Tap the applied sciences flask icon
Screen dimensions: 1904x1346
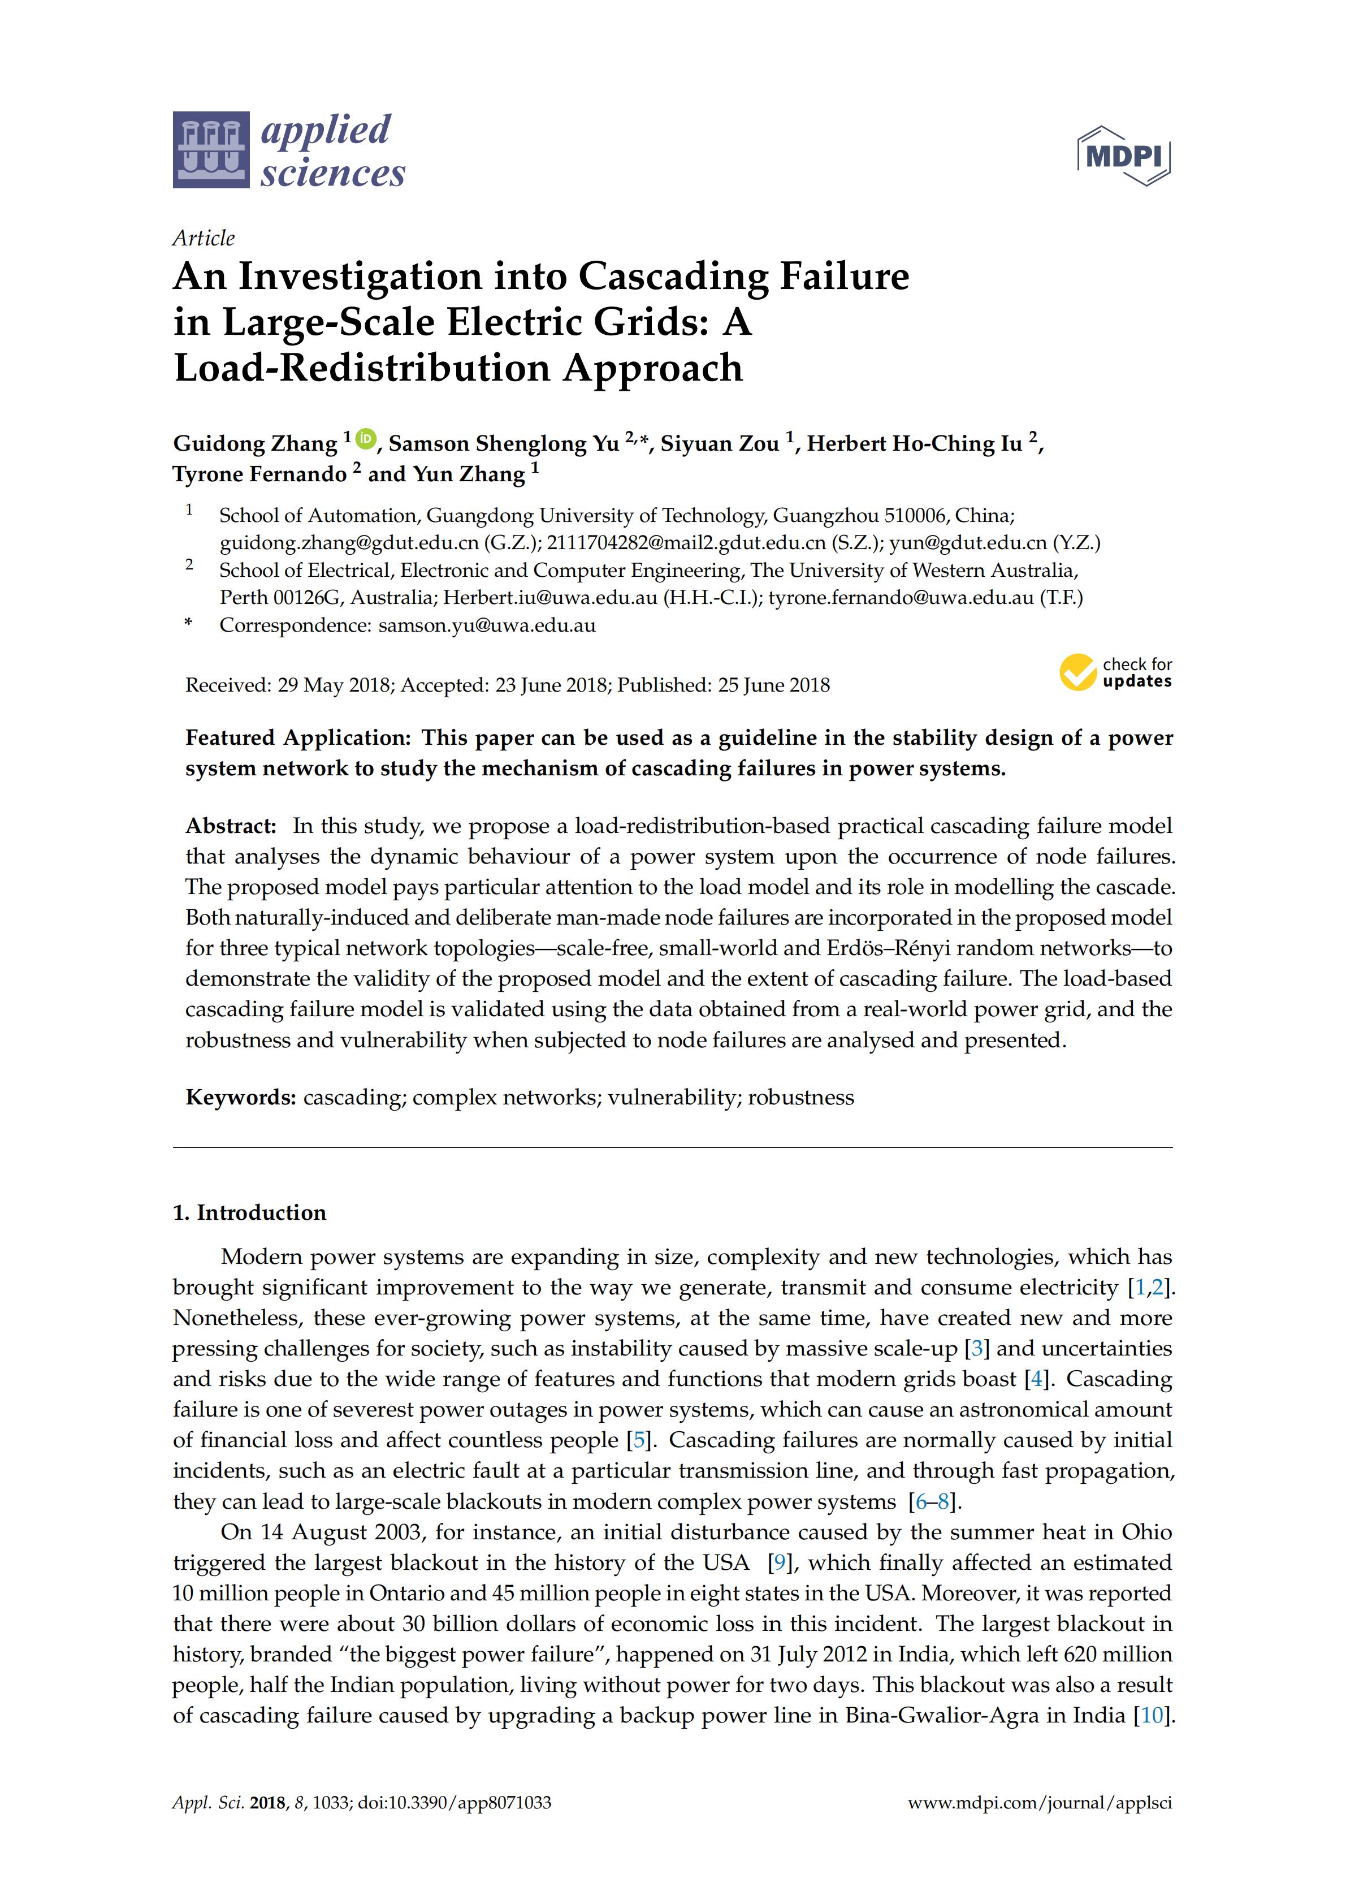210,150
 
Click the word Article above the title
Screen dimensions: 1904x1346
203,239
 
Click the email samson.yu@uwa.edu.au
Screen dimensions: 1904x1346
487,625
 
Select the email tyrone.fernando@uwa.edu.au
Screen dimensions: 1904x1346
901,598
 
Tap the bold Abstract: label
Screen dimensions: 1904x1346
231,826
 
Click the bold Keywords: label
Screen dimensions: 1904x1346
240,1097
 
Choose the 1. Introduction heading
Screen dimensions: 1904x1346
249,1212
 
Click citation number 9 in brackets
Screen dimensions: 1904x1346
778,1563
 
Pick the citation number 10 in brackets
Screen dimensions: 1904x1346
1153,1716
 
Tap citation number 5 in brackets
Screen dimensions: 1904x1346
639,1440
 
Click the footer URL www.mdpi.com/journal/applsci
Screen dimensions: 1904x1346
1040,1803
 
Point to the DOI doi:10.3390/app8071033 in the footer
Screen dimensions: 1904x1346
454,1803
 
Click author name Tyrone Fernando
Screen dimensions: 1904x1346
259,474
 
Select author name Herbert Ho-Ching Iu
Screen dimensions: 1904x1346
914,444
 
